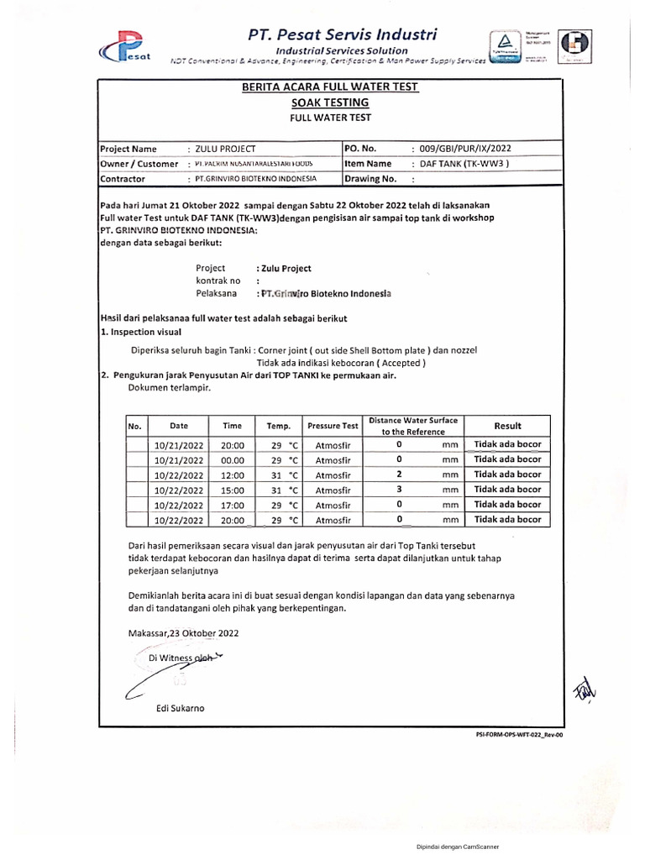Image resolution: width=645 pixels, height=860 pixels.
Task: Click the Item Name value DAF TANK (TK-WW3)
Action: tap(464, 164)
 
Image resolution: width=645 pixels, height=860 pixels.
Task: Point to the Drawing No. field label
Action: tap(370, 179)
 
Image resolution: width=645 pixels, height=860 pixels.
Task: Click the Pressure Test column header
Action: tap(333, 426)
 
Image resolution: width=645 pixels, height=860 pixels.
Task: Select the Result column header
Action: tap(507, 426)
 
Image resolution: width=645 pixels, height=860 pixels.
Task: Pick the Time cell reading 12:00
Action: tap(233, 475)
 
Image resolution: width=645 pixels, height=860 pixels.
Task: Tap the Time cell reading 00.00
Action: tap(233, 460)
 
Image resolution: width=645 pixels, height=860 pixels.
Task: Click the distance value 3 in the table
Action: tap(399, 490)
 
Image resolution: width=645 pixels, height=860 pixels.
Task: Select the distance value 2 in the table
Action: tap(399, 475)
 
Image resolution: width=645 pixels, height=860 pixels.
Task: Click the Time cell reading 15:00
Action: tap(233, 490)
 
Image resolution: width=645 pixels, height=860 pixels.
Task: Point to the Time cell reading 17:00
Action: tap(233, 506)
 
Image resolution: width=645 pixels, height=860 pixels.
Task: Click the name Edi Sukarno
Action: tap(180, 708)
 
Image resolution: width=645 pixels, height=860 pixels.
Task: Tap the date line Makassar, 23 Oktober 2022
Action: tap(185, 633)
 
